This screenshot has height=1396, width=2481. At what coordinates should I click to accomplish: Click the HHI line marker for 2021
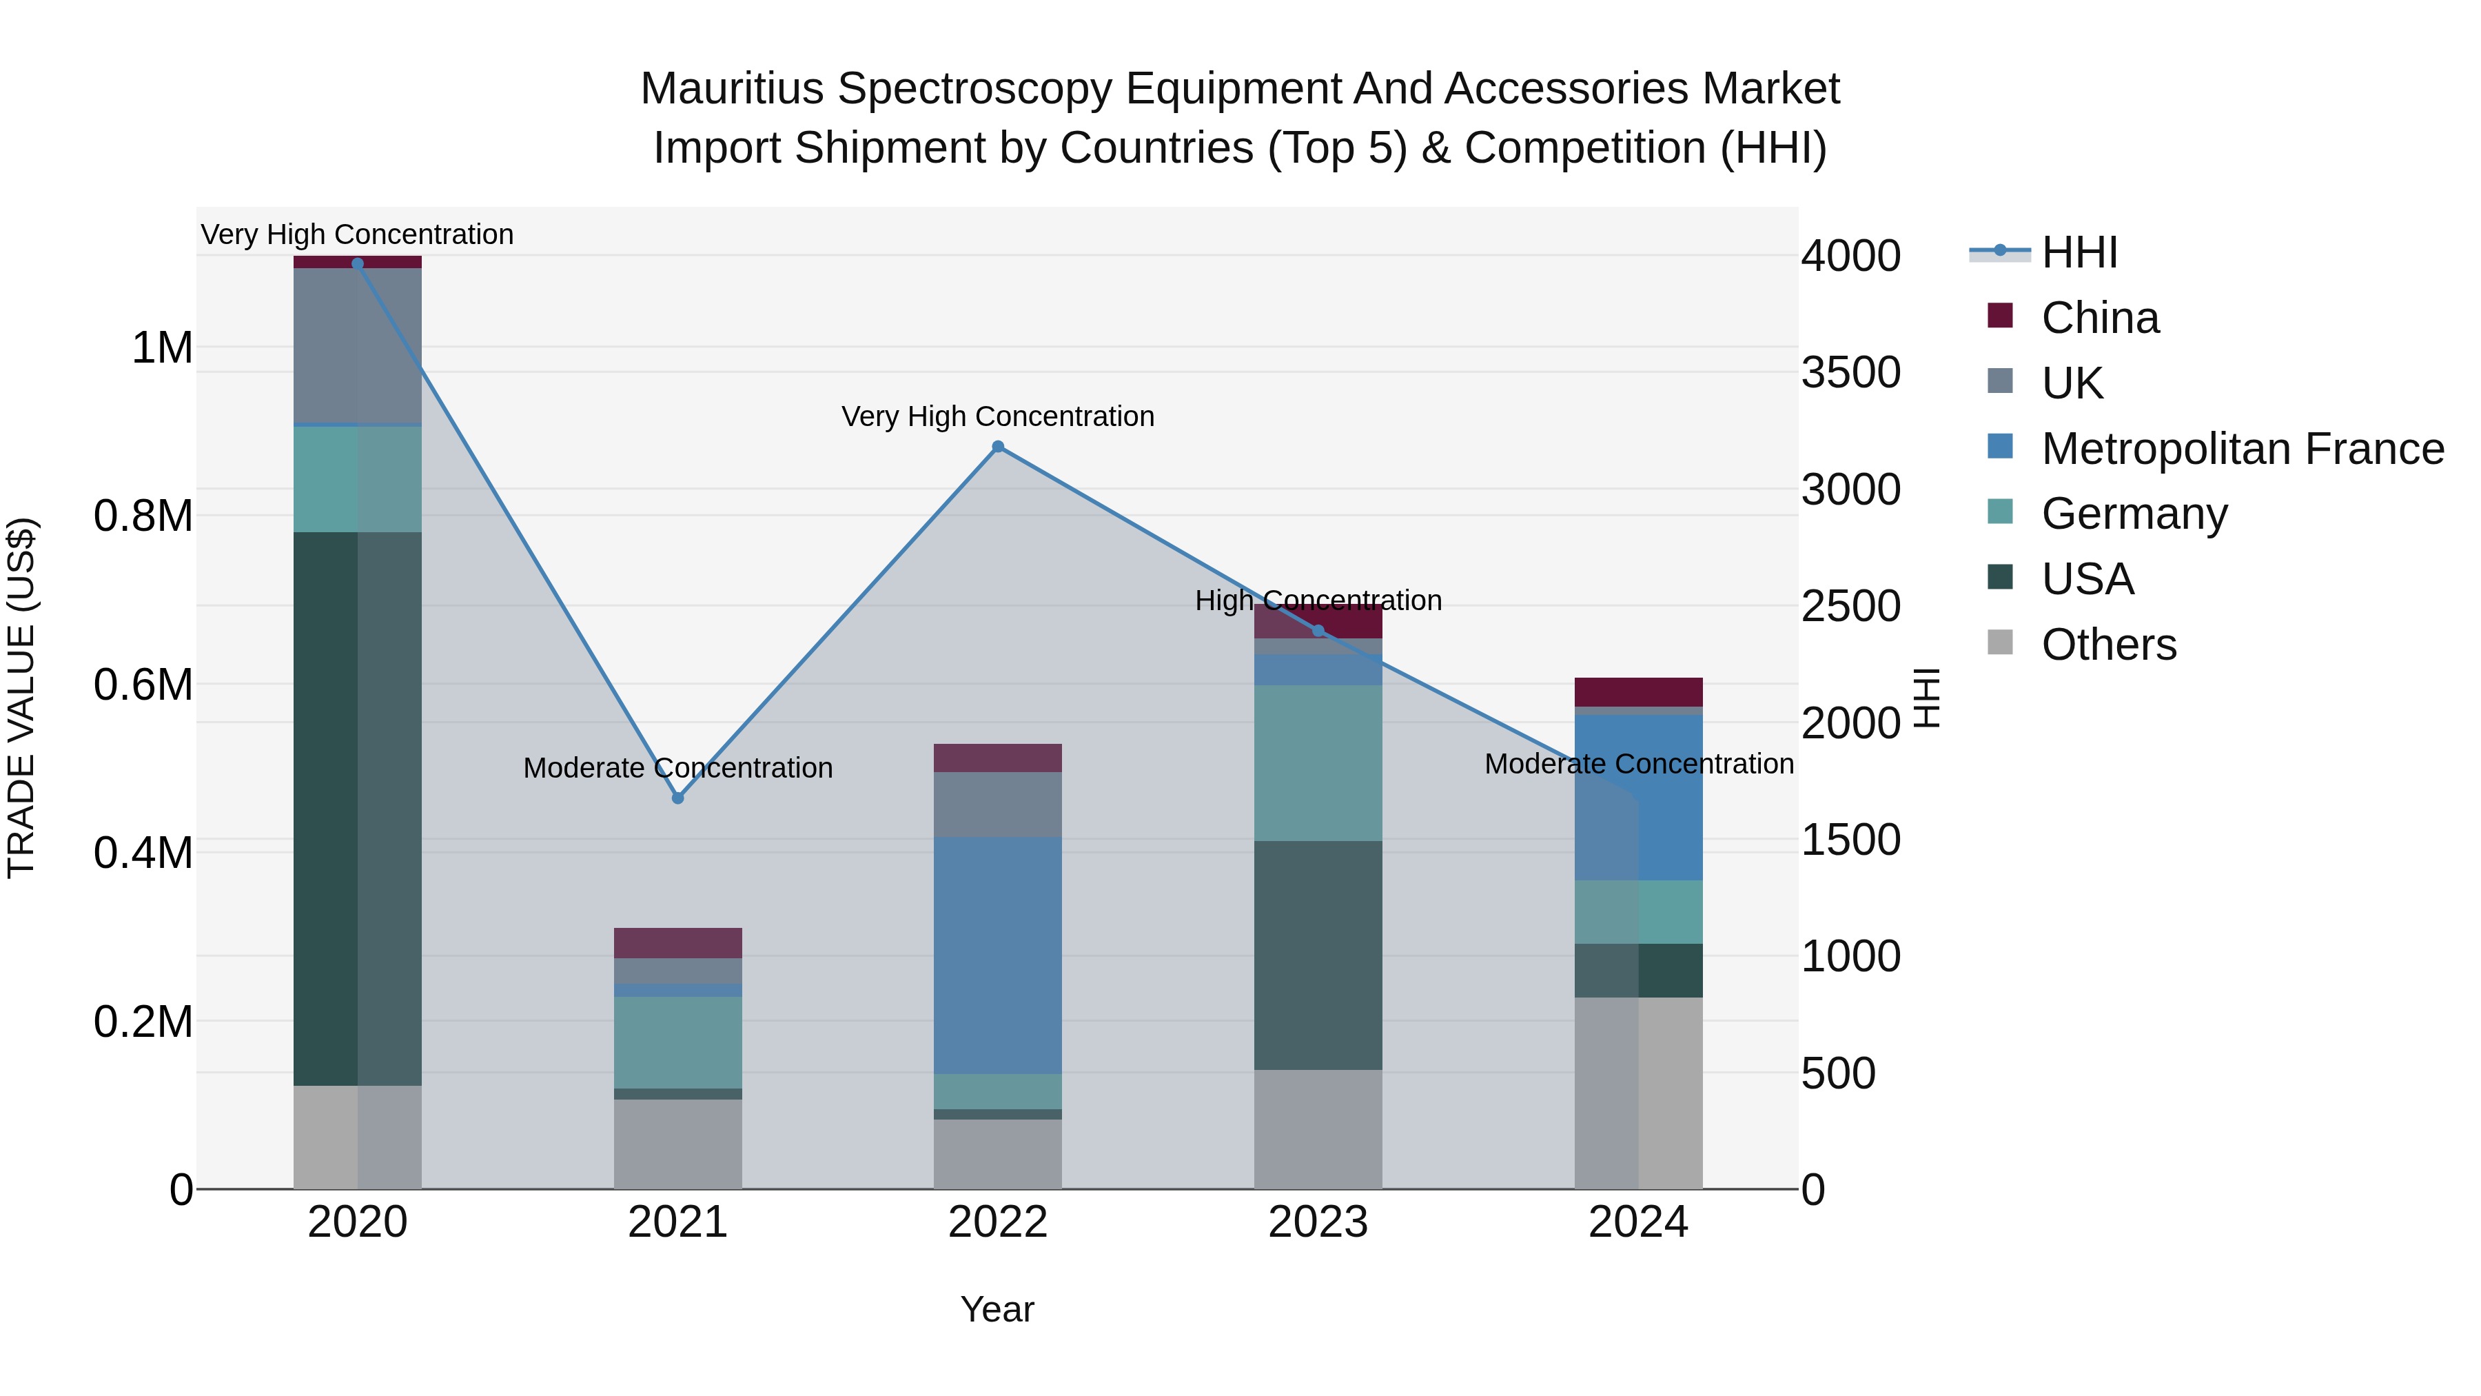coord(678,798)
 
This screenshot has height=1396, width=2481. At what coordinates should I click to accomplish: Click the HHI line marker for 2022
coord(998,446)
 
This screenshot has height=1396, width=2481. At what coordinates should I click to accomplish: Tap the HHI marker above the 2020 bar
coord(357,263)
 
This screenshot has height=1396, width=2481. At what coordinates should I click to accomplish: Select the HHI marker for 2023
coord(1318,631)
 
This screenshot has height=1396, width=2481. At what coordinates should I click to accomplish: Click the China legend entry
coord(2100,318)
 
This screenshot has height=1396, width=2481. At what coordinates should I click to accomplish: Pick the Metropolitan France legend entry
coord(2242,449)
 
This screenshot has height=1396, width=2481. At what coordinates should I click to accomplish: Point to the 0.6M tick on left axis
coord(143,685)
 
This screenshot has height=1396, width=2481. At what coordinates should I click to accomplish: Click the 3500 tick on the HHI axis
coord(1850,373)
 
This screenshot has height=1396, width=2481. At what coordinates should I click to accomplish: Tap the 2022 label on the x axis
coord(998,1222)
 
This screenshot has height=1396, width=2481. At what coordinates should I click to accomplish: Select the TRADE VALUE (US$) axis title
coord(21,698)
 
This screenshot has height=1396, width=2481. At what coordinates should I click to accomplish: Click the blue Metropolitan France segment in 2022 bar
coord(998,954)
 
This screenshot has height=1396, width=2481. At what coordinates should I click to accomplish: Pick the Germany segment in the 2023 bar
coord(1318,763)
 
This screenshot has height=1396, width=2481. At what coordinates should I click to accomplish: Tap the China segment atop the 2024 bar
coord(1638,691)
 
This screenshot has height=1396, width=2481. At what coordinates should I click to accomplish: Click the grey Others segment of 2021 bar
coord(678,1144)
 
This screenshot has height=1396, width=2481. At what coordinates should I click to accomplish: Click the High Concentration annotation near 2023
coord(1318,600)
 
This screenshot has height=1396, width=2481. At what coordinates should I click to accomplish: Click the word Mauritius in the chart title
coord(731,89)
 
